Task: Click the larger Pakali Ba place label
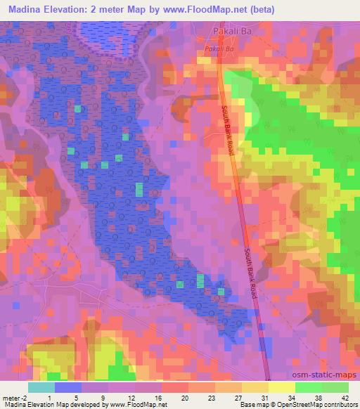[231, 32]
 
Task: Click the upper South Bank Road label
[229, 131]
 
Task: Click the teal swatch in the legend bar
[41, 387]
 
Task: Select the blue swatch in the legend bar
[67, 387]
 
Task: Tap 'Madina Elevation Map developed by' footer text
[51, 404]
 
